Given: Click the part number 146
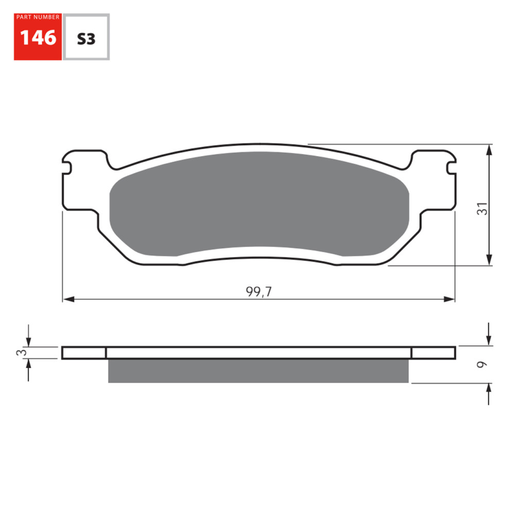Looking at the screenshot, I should pos(38,39).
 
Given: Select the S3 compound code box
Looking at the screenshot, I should pos(86,39).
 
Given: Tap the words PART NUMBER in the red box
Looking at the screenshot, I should pos(38,18).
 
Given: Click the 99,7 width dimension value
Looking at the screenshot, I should pos(259,292).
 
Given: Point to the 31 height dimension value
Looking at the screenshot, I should pos(482,209).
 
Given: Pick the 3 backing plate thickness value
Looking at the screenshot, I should pos(20,353).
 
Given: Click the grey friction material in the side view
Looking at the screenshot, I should pos(258,371).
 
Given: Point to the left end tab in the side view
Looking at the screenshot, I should pos(83,353).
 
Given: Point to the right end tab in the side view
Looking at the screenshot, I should pos(433,353).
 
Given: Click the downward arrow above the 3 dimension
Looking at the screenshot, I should pos(28,341).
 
